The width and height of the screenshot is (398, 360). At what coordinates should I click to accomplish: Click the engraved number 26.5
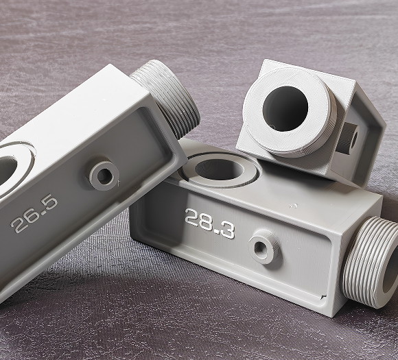34,214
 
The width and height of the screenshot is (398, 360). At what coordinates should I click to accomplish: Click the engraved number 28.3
210,224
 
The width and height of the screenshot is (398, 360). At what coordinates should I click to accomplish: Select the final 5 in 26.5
51,202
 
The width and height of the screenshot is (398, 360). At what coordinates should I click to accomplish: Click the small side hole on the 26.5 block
104,176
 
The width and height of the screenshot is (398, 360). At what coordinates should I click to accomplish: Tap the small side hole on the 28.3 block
259,247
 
